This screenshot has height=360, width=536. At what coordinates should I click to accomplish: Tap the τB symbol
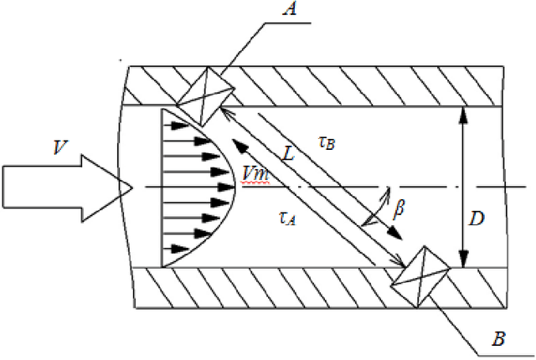point(327,142)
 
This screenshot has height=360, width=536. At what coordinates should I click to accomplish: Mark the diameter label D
point(477,219)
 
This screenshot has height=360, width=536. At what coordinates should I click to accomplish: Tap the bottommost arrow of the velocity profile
point(176,247)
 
